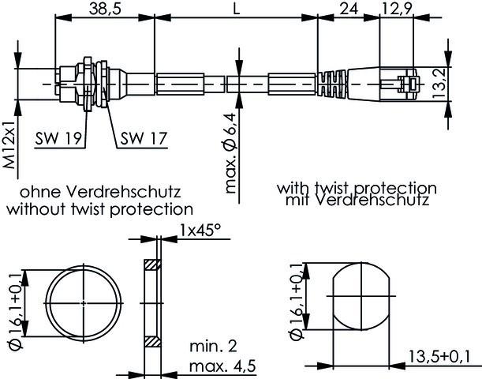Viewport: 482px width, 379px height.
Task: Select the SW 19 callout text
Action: (x=59, y=138)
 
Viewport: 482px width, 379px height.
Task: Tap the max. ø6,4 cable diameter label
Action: (x=232, y=152)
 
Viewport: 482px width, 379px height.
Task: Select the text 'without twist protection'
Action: (x=100, y=208)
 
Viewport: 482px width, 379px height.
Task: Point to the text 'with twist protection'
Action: (x=357, y=189)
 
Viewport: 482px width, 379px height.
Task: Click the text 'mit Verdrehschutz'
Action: (x=357, y=201)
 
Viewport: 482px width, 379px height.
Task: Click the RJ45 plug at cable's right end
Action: (x=399, y=84)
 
